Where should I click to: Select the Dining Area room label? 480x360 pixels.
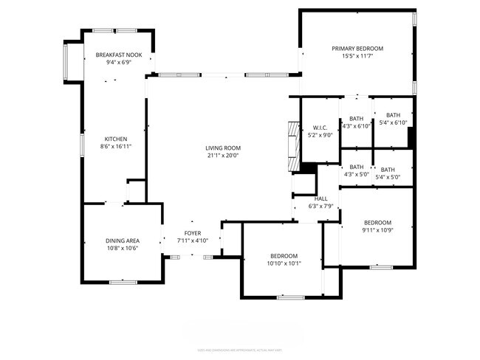(x=122, y=240)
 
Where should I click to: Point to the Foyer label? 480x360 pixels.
(x=193, y=233)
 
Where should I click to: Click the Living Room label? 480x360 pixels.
(x=223, y=148)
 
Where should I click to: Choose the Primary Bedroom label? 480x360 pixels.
(x=357, y=49)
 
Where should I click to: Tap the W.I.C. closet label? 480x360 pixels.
(x=320, y=128)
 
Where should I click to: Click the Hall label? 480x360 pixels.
(x=321, y=198)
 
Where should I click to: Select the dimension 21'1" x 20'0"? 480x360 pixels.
(x=223, y=156)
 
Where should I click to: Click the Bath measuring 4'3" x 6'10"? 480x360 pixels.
(x=357, y=119)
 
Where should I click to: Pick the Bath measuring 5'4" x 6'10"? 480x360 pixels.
(x=393, y=115)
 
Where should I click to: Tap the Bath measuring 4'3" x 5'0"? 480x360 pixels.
(x=357, y=167)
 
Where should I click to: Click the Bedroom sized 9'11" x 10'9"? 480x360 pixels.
(x=377, y=223)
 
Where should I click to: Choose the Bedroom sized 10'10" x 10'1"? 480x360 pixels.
(x=284, y=255)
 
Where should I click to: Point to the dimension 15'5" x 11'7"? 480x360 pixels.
(x=357, y=56)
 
